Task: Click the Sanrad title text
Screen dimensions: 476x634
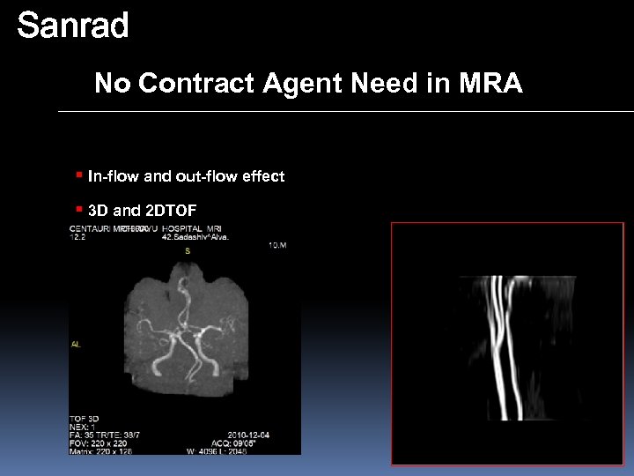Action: click(x=73, y=26)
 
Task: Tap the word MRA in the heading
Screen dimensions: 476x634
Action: click(x=490, y=84)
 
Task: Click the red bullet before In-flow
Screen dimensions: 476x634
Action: click(x=79, y=175)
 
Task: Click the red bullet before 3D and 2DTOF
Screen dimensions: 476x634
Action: click(x=79, y=209)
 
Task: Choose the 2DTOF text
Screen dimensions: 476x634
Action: click(x=171, y=211)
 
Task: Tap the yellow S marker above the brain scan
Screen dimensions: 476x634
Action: click(x=187, y=251)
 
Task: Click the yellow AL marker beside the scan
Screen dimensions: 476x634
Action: click(x=76, y=345)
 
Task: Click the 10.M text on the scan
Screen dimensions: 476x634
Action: click(x=276, y=245)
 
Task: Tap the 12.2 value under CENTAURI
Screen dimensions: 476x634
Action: click(x=77, y=237)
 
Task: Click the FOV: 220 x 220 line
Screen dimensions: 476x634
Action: click(x=96, y=443)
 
